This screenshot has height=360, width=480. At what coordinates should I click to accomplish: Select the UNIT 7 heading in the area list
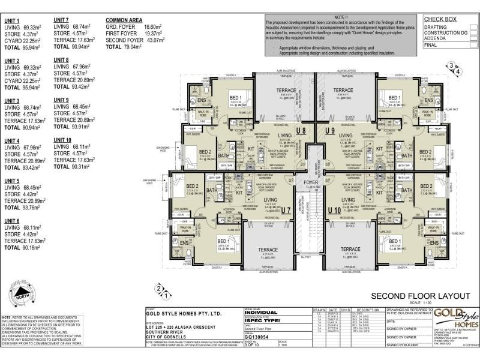click(61, 20)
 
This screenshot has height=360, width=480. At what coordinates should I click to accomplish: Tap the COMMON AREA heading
click(123, 20)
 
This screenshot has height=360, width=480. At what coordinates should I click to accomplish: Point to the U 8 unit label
click(301, 130)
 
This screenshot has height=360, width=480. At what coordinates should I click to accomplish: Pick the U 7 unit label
click(286, 210)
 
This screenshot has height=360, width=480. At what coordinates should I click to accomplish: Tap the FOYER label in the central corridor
click(310, 182)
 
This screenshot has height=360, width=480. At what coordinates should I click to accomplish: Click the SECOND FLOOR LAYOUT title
click(420, 296)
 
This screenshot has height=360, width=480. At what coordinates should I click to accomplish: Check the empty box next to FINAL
click(473, 44)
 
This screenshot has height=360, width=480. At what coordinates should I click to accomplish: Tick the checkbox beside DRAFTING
click(473, 27)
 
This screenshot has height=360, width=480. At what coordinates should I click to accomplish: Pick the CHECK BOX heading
click(440, 19)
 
